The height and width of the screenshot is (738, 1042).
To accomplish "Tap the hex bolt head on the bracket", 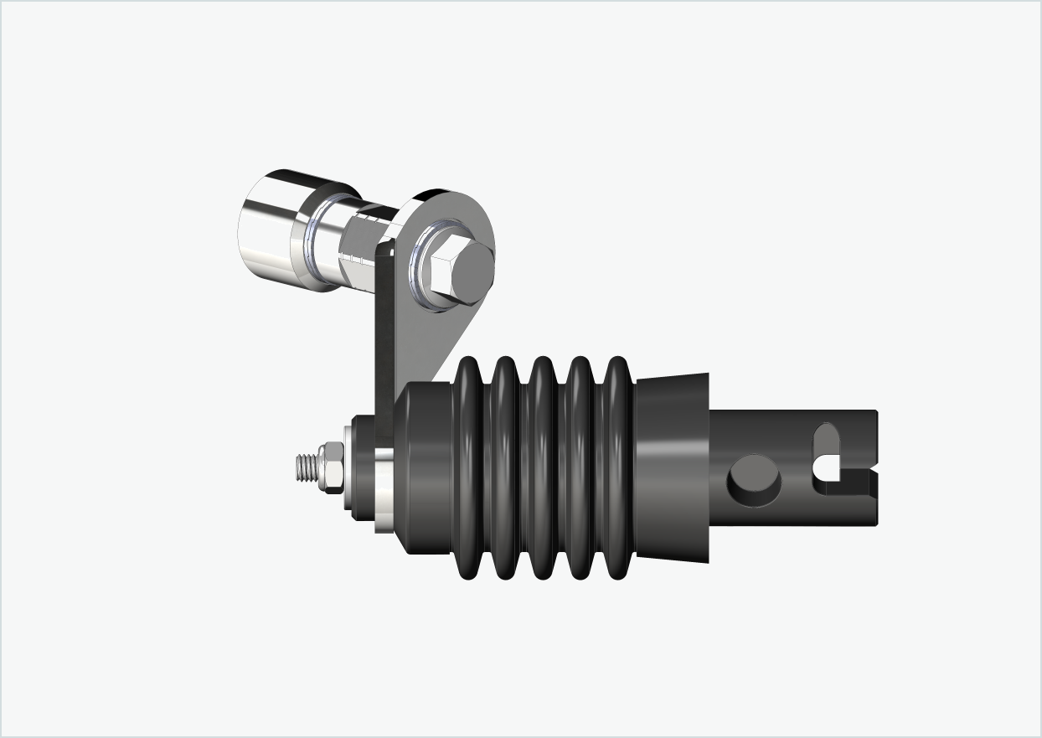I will coord(460,271).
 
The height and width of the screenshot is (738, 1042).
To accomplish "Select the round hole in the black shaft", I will coord(754,480).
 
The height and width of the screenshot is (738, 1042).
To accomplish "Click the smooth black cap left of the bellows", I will coord(423,469).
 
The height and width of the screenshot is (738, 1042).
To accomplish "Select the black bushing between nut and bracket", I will coord(361,469).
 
